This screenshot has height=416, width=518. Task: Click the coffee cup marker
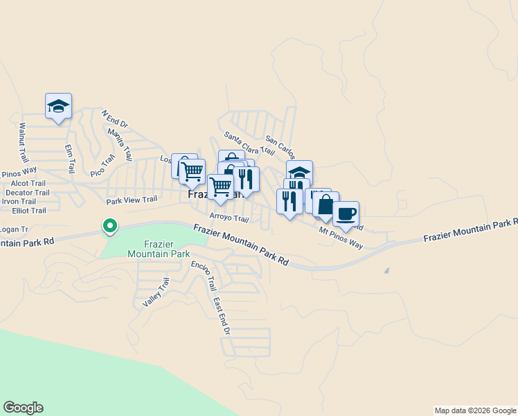tap(346, 214)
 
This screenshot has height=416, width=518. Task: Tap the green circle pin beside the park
tap(109, 225)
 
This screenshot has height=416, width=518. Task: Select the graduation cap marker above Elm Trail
tap(59, 106)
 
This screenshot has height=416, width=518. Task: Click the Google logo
tap(23, 408)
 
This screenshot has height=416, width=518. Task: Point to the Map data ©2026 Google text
tap(474, 410)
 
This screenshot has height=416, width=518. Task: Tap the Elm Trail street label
tap(69, 159)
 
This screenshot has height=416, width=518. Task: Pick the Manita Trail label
tap(119, 145)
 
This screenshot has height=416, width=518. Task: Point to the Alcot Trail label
tap(28, 183)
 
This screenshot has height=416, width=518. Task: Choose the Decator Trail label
tap(28, 193)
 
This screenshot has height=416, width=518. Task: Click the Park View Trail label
tap(132, 201)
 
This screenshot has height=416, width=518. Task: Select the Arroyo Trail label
tap(229, 218)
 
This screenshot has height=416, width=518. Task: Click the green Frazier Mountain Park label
tap(159, 249)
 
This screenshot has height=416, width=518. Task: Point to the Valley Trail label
tap(156, 293)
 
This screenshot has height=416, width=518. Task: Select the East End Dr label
tap(221, 316)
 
